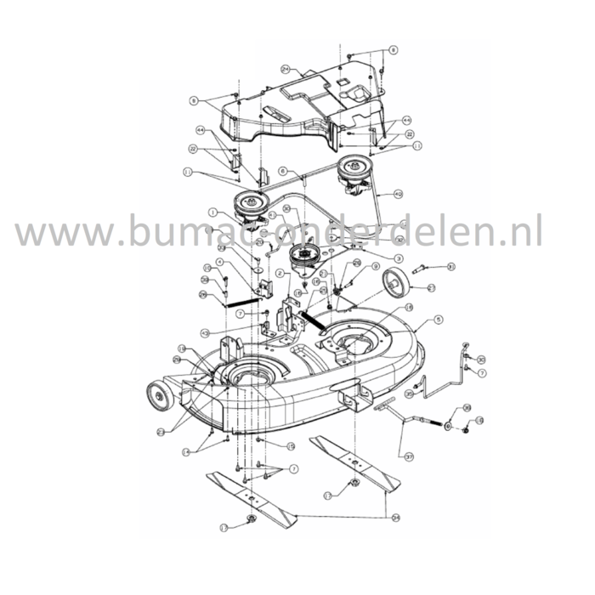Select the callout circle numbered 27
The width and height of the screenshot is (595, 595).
tap(431, 289)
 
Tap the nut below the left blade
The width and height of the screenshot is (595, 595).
tap(252, 518)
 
